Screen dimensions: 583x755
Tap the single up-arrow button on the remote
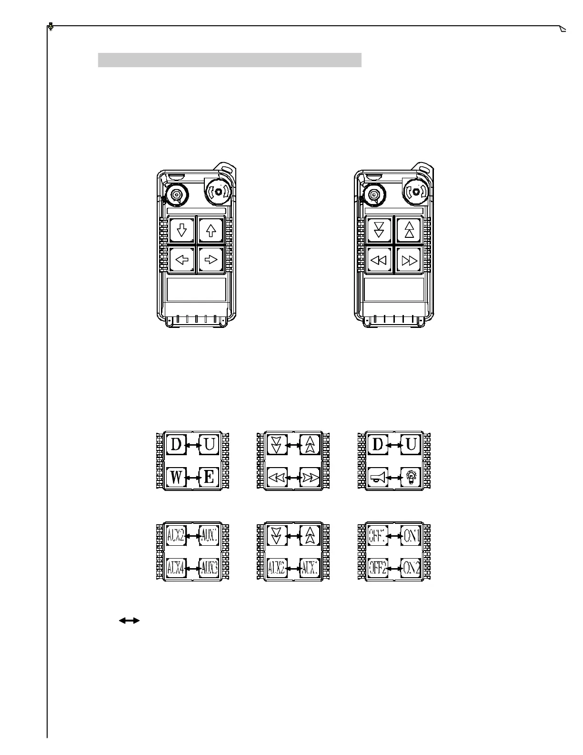click(211, 231)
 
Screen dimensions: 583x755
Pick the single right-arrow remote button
click(211, 260)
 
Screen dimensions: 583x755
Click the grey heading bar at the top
click(230, 60)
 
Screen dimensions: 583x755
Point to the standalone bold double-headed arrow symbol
click(129, 621)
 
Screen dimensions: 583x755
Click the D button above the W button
click(176, 445)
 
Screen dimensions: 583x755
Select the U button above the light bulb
click(410, 445)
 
